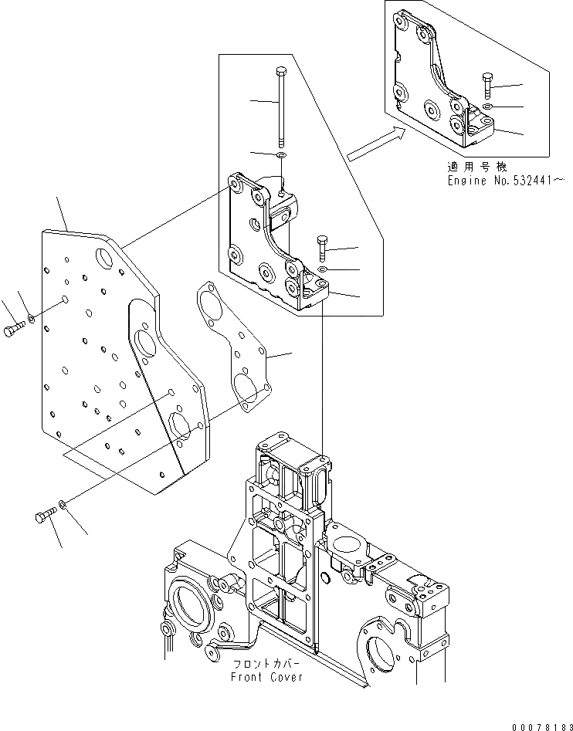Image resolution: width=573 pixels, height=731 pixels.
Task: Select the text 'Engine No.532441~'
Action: click(x=506, y=180)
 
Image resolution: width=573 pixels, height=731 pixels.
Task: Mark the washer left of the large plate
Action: click(x=30, y=318)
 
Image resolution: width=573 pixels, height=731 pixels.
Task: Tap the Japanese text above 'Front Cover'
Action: click(x=263, y=664)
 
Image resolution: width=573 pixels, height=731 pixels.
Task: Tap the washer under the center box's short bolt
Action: click(x=323, y=269)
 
